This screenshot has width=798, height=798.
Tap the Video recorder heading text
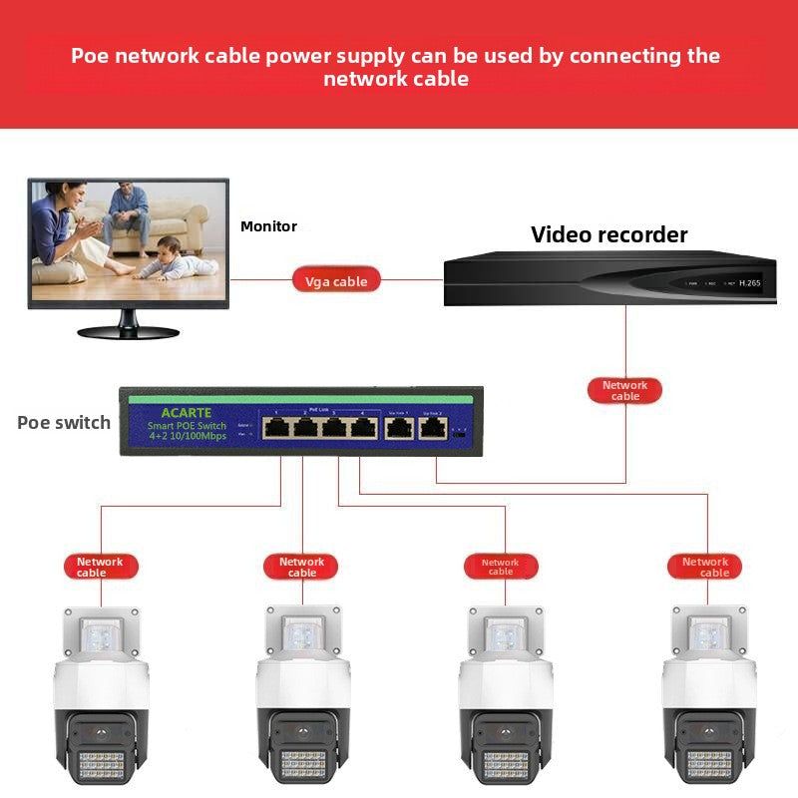[x=608, y=235]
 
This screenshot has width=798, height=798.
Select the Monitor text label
[x=268, y=226]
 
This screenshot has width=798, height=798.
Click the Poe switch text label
[x=64, y=422]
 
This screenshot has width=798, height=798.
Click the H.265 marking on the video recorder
[x=749, y=283]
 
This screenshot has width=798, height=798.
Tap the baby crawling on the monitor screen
[x=176, y=261]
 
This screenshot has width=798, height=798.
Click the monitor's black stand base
[x=128, y=331]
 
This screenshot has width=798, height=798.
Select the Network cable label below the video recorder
[x=625, y=390]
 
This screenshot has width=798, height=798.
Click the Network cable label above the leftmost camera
[x=100, y=567]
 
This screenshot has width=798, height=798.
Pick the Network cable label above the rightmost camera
[x=705, y=567]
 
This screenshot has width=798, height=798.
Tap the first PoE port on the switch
[x=277, y=429]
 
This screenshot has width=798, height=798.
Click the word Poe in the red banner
[x=91, y=55]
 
